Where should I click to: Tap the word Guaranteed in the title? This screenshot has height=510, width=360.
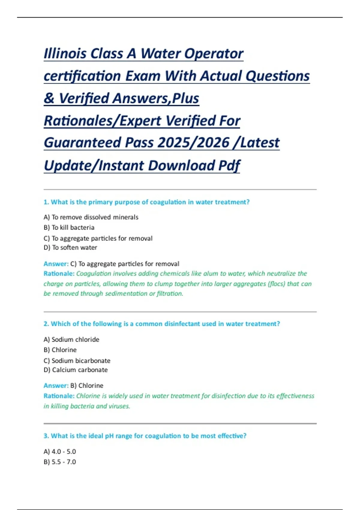tap(82, 142)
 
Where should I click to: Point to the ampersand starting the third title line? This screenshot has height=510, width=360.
tap(49, 98)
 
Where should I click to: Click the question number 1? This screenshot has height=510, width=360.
tap(46, 202)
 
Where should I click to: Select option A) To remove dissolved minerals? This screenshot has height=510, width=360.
tap(91, 217)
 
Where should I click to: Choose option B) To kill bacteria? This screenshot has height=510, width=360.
tap(69, 228)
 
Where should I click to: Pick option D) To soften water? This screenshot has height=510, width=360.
tap(70, 248)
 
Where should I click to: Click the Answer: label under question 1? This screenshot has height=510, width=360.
tap(56, 264)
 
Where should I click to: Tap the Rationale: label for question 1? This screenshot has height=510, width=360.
tap(59, 274)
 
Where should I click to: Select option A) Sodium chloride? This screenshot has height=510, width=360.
tap(71, 340)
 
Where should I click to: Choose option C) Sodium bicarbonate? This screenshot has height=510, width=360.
tap(77, 361)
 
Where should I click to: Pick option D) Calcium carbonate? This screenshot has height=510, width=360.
tap(76, 370)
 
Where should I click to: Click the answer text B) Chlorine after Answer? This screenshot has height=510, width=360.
tap(87, 386)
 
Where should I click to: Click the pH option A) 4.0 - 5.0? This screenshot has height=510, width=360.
tap(60, 451)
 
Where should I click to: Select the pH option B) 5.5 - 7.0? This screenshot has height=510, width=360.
tap(60, 462)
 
